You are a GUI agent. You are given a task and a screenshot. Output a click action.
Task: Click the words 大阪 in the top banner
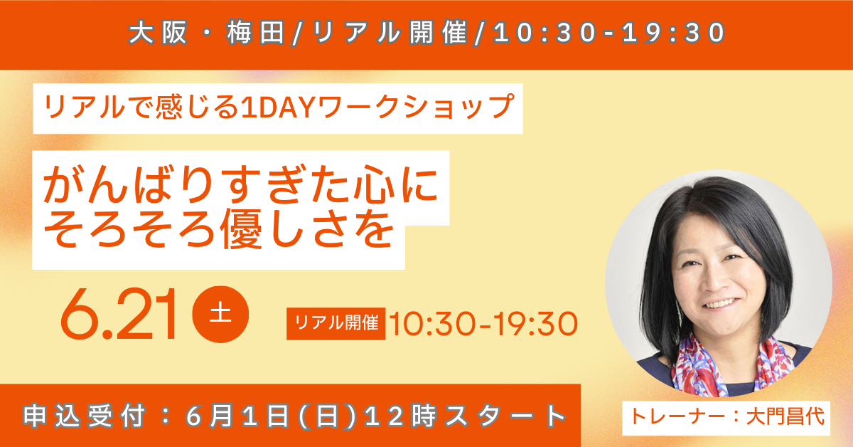(x=158, y=33)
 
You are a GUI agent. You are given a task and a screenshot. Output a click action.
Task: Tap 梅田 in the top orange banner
(x=256, y=33)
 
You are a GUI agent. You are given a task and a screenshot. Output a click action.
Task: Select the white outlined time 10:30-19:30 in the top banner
(x=609, y=33)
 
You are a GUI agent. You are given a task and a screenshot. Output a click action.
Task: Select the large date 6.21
(x=119, y=315)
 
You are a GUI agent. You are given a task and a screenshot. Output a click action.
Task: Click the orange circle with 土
(x=220, y=315)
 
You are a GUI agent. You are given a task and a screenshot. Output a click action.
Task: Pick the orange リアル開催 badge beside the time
(x=336, y=323)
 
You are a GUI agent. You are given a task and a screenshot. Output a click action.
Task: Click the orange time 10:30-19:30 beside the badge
(x=483, y=324)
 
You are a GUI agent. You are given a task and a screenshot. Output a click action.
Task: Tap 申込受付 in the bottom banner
(x=85, y=416)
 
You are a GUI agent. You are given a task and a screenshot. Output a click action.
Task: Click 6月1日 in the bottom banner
(x=237, y=416)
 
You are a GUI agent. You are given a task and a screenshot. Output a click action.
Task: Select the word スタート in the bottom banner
(x=505, y=416)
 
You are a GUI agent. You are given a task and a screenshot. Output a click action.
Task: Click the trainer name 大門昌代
(x=785, y=417)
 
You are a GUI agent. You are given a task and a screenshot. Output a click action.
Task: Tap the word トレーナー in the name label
(x=678, y=417)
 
